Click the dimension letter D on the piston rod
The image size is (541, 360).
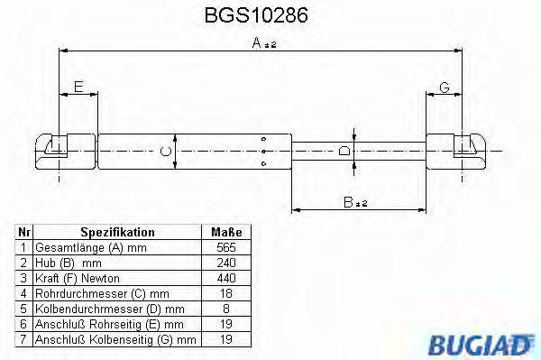pos(344,151)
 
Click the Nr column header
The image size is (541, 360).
pos(24,232)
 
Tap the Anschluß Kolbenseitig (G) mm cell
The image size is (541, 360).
pos(116,340)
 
